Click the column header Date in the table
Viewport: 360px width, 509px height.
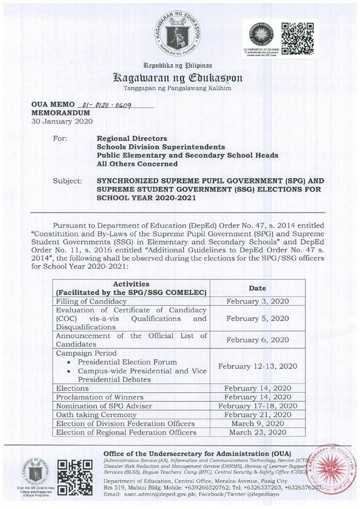tap(257, 288)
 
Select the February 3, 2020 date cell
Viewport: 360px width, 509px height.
tap(257, 301)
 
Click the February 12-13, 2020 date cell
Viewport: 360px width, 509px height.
tap(257, 366)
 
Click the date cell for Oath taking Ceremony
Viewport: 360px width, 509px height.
tap(257, 414)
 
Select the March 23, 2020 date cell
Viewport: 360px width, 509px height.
tap(257, 432)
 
